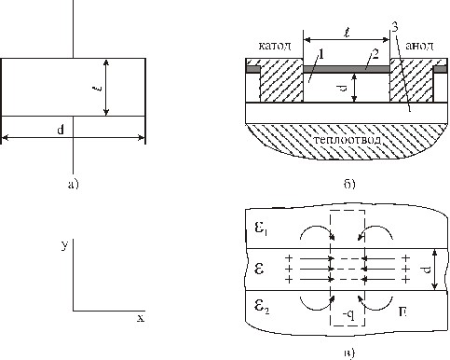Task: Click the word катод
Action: click(x=275, y=46)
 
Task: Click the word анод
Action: click(x=419, y=46)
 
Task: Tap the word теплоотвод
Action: click(x=347, y=139)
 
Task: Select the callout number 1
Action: click(x=321, y=55)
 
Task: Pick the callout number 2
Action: click(x=375, y=55)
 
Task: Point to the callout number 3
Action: click(x=394, y=28)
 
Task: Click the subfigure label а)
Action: click(x=74, y=184)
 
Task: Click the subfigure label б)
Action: click(x=349, y=184)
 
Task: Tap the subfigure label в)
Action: click(x=349, y=353)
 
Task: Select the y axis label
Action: click(x=64, y=245)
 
